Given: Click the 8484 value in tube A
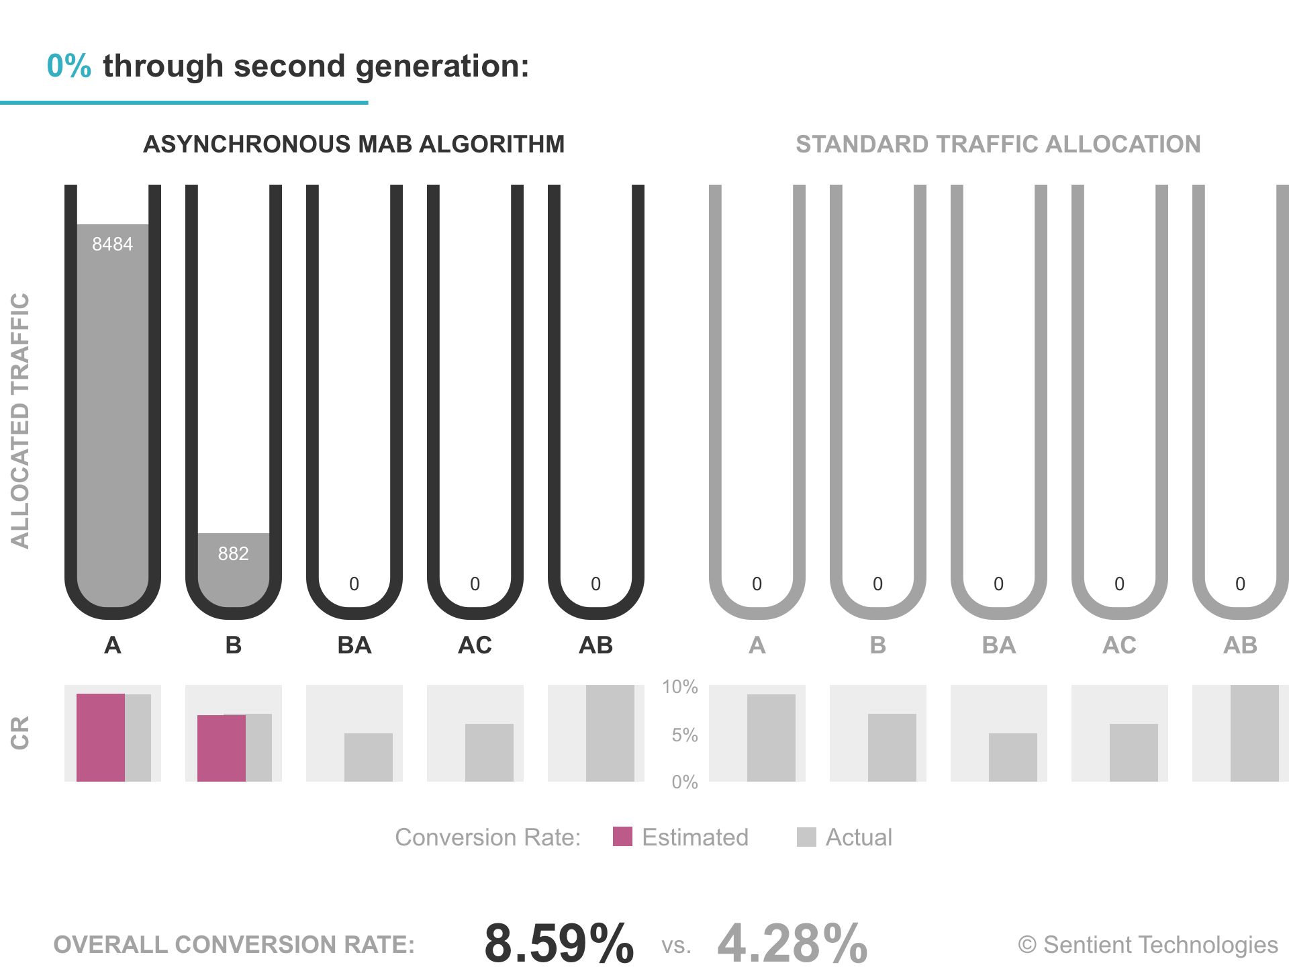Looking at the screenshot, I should pyautogui.click(x=112, y=244).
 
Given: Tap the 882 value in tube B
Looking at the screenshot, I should pyautogui.click(x=233, y=553).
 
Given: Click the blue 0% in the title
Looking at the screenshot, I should pyautogui.click(x=68, y=66).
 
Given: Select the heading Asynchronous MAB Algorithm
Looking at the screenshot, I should pyautogui.click(x=354, y=144).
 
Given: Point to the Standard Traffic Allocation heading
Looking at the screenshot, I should pyautogui.click(x=998, y=144).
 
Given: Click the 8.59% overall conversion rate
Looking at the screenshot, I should pyautogui.click(x=559, y=943).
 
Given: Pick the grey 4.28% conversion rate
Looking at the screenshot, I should pyautogui.click(x=792, y=943).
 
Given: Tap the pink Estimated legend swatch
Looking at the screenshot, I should pyautogui.click(x=622, y=837).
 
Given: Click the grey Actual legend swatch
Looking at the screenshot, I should pyautogui.click(x=806, y=837).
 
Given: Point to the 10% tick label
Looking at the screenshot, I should pyautogui.click(x=679, y=687).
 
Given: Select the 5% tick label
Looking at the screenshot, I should pyautogui.click(x=684, y=735).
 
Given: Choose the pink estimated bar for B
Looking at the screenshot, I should pyautogui.click(x=222, y=748).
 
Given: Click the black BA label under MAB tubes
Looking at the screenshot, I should pyautogui.click(x=354, y=645).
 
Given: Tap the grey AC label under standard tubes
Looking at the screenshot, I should pyautogui.click(x=1119, y=645).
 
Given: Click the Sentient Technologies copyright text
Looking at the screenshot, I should pyautogui.click(x=1148, y=945).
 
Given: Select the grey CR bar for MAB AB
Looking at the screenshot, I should pyautogui.click(x=610, y=733).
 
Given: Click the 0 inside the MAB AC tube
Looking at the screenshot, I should pyautogui.click(x=475, y=584).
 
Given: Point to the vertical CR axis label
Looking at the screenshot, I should pyautogui.click(x=20, y=733).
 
